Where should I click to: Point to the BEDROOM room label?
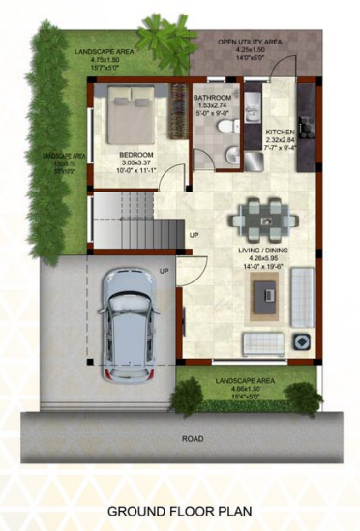(x=135, y=155)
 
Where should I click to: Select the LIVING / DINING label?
(x=263, y=251)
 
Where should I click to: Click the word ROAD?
(x=193, y=438)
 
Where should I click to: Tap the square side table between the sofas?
(x=301, y=341)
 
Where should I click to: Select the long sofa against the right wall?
(x=302, y=296)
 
